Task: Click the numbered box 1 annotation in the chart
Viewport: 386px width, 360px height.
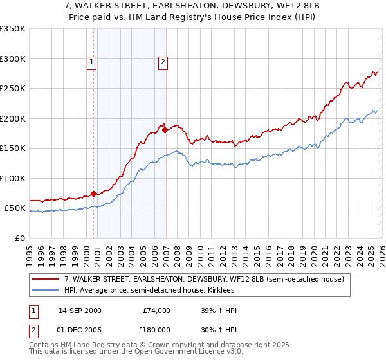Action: (92, 62)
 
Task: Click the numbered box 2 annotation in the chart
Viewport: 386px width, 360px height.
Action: (163, 62)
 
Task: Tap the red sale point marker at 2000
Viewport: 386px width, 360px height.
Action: (94, 193)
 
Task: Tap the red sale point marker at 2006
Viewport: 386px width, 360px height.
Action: (165, 130)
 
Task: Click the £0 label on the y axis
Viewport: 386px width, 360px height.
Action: (19, 238)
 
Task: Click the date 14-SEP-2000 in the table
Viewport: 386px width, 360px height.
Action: (80, 310)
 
